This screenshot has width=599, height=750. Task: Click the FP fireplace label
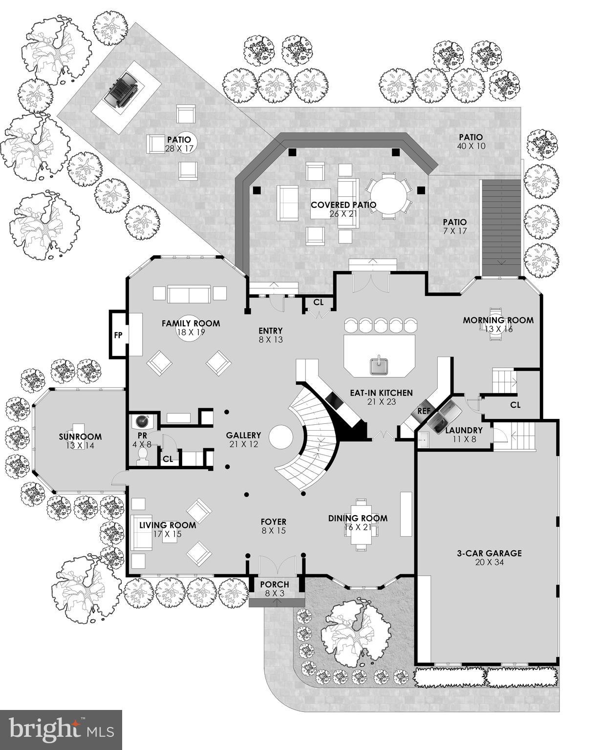[118, 335]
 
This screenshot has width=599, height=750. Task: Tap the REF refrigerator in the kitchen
[424, 411]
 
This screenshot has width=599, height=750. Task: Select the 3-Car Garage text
[489, 553]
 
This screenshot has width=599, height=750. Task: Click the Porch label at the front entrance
[274, 584]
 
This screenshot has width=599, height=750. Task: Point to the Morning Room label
[498, 320]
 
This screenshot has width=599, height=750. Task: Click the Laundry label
[464, 430]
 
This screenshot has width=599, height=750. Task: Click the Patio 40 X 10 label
[471, 137]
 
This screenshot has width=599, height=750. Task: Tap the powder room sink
[143, 421]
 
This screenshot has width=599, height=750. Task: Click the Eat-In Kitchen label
[381, 393]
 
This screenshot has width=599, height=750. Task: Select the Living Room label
[168, 525]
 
